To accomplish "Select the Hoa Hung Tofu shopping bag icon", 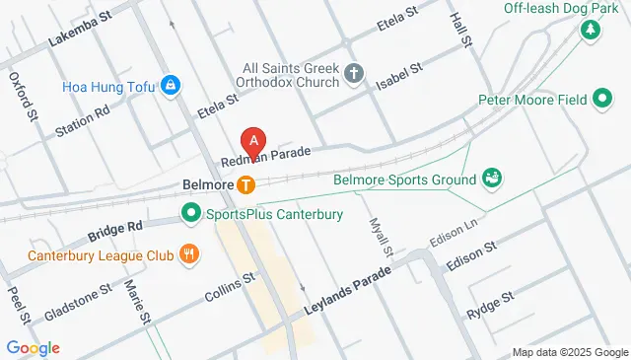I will click(x=172, y=86).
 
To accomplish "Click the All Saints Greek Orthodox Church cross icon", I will click(x=354, y=73).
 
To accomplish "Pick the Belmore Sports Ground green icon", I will click(x=490, y=179).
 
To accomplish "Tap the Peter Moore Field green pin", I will click(x=602, y=99).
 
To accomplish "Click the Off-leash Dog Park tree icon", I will click(x=591, y=30).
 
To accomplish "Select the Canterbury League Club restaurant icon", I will click(x=189, y=255).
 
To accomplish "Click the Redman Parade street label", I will click(x=266, y=157).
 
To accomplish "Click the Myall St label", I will click(x=381, y=237).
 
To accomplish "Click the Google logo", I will click(x=33, y=347).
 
